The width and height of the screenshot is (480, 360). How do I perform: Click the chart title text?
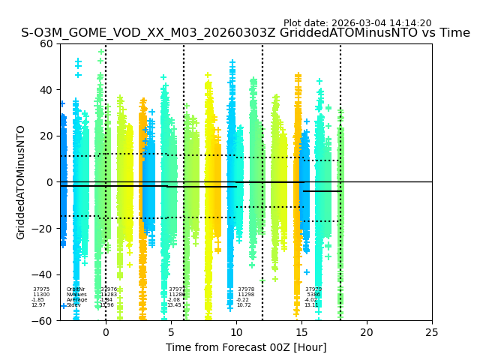(245, 33)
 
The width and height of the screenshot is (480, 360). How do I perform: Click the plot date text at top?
(357, 23)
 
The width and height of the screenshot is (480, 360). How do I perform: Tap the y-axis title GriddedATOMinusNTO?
(21, 182)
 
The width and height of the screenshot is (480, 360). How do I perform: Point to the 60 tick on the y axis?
(46, 43)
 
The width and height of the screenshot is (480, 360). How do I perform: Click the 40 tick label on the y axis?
(46, 90)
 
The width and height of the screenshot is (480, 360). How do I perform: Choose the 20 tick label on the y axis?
(46, 136)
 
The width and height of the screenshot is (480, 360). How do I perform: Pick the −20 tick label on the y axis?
(43, 229)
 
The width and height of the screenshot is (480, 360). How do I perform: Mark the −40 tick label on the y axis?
(43, 274)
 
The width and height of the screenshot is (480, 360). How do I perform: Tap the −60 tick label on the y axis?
(43, 321)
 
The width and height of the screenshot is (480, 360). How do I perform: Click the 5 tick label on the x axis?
(171, 332)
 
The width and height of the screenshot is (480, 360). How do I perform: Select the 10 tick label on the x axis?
(236, 332)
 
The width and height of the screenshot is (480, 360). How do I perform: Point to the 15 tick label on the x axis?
(301, 332)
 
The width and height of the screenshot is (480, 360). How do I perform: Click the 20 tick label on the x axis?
(367, 332)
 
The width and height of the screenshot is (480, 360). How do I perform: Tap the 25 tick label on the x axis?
(432, 332)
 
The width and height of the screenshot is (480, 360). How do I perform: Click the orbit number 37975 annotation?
(41, 289)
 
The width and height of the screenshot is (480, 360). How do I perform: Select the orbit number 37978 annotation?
(246, 289)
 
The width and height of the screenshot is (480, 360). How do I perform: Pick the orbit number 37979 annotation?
(313, 289)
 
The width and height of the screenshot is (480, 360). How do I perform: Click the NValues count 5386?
(314, 295)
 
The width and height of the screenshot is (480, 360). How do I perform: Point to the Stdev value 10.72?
(244, 305)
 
